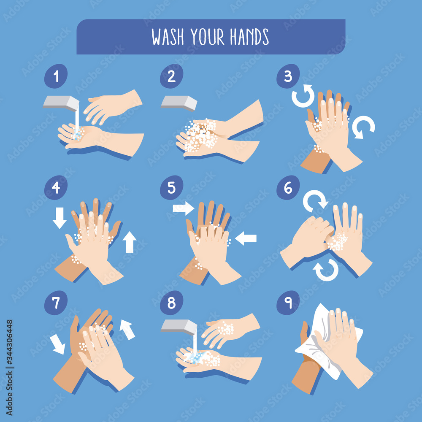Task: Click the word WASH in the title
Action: [168, 37]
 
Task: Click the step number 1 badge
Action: [56, 76]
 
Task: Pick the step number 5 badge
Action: [171, 188]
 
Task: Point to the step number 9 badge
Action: [288, 303]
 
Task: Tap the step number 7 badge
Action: [56, 303]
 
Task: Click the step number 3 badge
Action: [288, 76]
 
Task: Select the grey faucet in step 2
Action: [179, 103]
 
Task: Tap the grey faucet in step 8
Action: [179, 327]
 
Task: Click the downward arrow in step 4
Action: [60, 218]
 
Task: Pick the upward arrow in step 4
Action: [130, 242]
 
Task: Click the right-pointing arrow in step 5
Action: [184, 208]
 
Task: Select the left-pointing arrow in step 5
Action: [246, 238]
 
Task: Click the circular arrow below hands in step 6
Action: [326, 270]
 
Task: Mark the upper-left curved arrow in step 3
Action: [303, 96]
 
